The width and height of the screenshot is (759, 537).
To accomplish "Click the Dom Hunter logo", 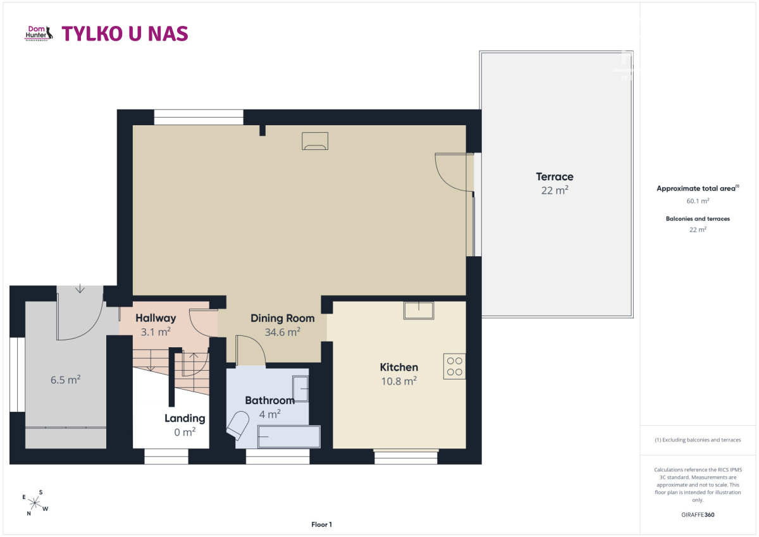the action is coord(39,33).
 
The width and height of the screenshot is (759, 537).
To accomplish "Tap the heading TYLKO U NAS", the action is coord(125,34).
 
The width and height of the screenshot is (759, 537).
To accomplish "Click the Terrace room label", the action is coord(555,176).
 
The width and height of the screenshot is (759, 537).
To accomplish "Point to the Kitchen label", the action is coord(399,367).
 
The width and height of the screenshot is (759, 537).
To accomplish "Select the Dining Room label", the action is coord(283,318).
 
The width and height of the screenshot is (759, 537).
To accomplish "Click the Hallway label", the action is coord(156,318).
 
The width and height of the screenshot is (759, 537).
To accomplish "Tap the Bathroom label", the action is coord(269,400).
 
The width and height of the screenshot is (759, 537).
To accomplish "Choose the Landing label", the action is coord(185,419).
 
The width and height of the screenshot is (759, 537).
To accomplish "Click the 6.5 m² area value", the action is coord(65,380).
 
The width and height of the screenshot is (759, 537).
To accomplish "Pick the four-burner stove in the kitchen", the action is coord(454,366).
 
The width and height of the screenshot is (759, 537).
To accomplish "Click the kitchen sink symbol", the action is coord(419,311).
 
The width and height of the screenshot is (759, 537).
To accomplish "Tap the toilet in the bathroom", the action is coord(238,425).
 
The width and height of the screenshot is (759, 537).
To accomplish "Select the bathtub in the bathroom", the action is coord(289,436).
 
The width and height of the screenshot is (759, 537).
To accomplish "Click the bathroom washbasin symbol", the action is coord(300,388).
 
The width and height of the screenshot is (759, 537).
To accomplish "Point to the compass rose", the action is coord(35,503).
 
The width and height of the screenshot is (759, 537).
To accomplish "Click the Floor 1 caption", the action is coord(321,524).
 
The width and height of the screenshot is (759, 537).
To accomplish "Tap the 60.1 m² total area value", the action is coord(698,201).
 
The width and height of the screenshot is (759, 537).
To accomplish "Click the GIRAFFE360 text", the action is coord(698,515).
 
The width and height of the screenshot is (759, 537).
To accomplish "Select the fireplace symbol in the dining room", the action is coord(315,141).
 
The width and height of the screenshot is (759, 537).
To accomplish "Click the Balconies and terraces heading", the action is coord(698,219).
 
